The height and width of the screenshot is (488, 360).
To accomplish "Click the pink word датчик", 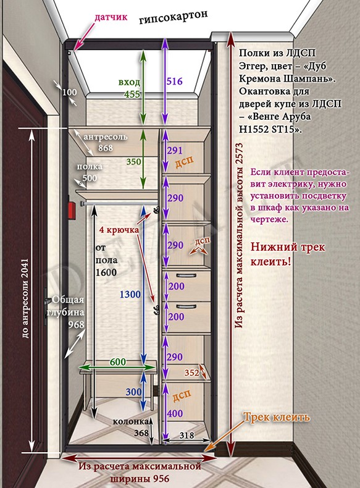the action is (x=111, y=17).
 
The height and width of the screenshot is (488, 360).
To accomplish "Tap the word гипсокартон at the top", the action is (x=174, y=18).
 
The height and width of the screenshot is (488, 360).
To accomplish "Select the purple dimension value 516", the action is (x=174, y=82).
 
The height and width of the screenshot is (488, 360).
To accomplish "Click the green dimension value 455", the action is (x=132, y=94).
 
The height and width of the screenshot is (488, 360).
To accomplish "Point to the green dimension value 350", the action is (x=134, y=161).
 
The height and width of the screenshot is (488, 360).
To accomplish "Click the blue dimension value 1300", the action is (x=130, y=294).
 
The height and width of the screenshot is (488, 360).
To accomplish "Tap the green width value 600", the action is (x=118, y=362).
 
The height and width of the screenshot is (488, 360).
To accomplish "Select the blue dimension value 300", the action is (x=134, y=392).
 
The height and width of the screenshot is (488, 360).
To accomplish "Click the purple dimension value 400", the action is (x=175, y=414).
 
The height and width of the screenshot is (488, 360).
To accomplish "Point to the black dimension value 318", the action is (x=186, y=435).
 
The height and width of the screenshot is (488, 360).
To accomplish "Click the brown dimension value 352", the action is (x=191, y=372).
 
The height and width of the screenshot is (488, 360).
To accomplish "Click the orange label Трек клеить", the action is (x=276, y=417).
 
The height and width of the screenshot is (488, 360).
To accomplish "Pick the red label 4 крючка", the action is (x=119, y=230).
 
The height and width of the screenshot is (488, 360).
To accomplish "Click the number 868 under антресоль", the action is (x=106, y=148).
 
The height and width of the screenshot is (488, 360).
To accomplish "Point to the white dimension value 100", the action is (x=70, y=93).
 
